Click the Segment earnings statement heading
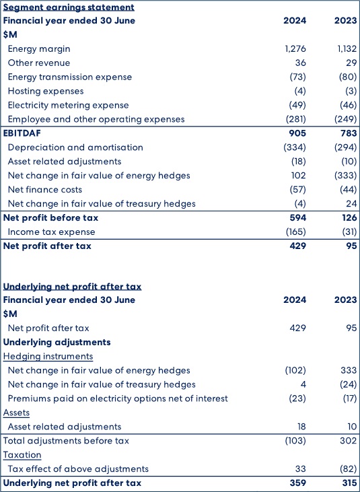pyautogui.click(x=69, y=7)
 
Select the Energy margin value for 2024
pyautogui.click(x=295, y=49)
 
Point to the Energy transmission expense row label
pyautogui.click(x=70, y=77)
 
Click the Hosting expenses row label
pyautogui.click(x=46, y=92)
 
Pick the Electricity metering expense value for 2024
pyautogui.click(x=297, y=106)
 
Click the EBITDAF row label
pyautogui.click(x=22, y=133)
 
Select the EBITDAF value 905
pyautogui.click(x=297, y=133)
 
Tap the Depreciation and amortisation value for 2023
pyautogui.click(x=346, y=147)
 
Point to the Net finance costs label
pyautogui.click(x=45, y=190)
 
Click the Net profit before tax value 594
pyautogui.click(x=297, y=218)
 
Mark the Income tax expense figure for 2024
pyautogui.click(x=295, y=232)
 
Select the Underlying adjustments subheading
pyautogui.click(x=57, y=342)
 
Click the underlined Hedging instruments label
pyautogui.click(x=48, y=357)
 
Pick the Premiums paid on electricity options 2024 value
pyautogui.click(x=297, y=398)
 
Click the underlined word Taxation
pyautogui.click(x=22, y=455)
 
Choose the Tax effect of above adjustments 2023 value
pyautogui.click(x=349, y=469)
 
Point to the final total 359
pyautogui.click(x=297, y=483)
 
